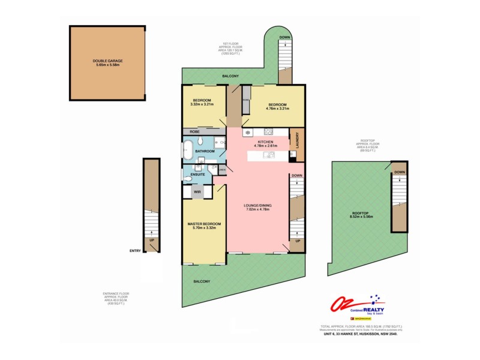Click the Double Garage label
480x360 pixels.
[107, 60]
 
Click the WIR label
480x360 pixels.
[197, 191]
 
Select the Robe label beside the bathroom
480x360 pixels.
[194, 131]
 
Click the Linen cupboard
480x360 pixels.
[221, 170]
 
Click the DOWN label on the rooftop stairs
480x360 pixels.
[398, 172]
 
